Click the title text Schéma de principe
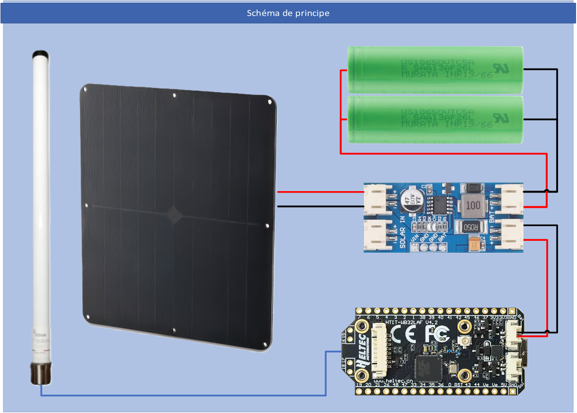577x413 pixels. pos(288,13)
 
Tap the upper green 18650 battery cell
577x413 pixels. pos(435,69)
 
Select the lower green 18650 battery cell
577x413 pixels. pos(435,119)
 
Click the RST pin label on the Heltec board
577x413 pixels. pos(458,386)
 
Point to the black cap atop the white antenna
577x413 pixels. pos(40,53)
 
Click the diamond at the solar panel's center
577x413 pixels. pos(174,214)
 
